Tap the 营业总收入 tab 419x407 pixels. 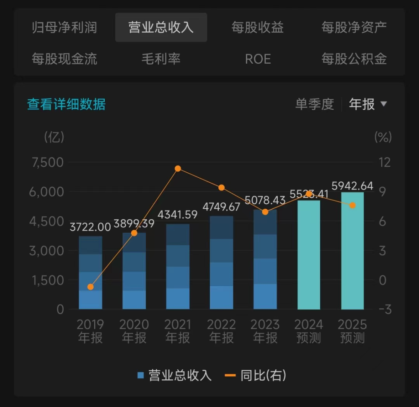pyautogui.click(x=161, y=28)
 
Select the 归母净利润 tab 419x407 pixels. pyautogui.click(x=65, y=28)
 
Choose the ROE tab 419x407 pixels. pyautogui.click(x=258, y=59)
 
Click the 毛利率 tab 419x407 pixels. pyautogui.click(x=161, y=59)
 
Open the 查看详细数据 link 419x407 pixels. pyautogui.click(x=66, y=104)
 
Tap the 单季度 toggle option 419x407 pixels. pyautogui.click(x=314, y=104)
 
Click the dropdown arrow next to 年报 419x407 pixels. pyautogui.click(x=383, y=104)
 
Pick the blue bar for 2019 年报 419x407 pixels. pyautogui.click(x=91, y=272)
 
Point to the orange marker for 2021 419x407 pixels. pyautogui.click(x=178, y=169)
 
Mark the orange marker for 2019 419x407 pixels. pyautogui.click(x=91, y=287)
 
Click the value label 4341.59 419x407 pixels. pyautogui.click(x=178, y=215)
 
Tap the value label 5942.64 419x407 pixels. pyautogui.click(x=352, y=185)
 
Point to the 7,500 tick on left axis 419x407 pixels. pyautogui.click(x=48, y=162)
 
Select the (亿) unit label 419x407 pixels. pyautogui.click(x=54, y=137)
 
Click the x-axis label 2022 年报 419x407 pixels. pyautogui.click(x=221, y=331)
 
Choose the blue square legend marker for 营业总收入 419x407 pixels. pyautogui.click(x=141, y=375)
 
